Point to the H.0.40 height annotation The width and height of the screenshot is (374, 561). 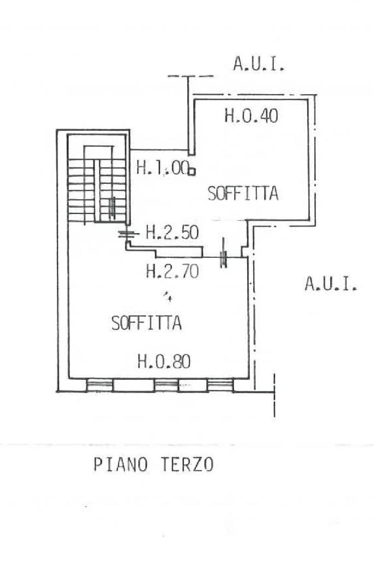pos(251,116)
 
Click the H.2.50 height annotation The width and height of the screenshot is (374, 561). pos(172,233)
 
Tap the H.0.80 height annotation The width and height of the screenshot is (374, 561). pos(164,361)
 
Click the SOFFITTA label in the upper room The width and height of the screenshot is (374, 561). pos(243,193)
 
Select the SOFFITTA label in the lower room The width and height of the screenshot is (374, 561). pos(147,323)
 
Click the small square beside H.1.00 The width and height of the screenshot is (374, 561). pos(192,172)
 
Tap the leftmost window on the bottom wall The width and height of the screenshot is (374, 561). pos(100,385)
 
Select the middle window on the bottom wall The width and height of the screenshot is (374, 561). pos(166,385)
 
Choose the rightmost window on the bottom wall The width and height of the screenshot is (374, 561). pos(221,385)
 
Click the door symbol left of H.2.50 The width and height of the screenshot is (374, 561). pos(128,234)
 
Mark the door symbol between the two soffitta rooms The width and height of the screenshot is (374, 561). pos(224,253)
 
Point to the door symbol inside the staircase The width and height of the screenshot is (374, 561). pos(113,207)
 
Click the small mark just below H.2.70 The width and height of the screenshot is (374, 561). pos(168,296)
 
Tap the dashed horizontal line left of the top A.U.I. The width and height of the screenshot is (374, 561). pos(191,76)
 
